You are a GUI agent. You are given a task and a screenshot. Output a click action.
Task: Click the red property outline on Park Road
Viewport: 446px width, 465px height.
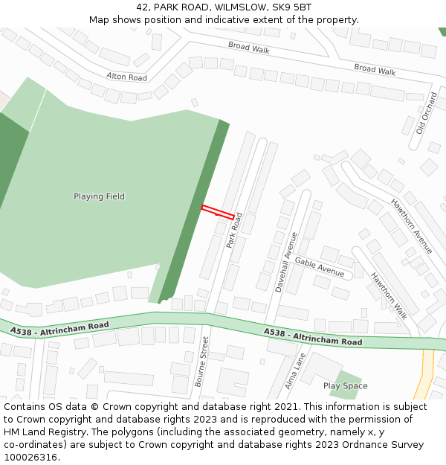coord(218,211)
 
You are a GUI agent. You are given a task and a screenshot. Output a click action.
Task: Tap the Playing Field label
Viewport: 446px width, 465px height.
coord(99,196)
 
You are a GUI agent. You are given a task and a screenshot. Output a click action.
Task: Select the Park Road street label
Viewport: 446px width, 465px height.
coord(235,230)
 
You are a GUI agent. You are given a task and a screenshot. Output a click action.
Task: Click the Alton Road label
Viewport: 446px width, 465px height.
coord(126,76)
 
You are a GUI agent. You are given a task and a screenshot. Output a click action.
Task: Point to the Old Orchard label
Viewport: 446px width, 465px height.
coord(427,112)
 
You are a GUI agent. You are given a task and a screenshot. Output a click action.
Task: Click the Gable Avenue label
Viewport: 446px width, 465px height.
coord(320,266)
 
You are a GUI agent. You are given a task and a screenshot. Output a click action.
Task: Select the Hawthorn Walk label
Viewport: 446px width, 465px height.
coord(390,295)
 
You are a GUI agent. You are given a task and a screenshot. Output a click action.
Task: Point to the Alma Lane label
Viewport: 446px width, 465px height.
coord(295,371)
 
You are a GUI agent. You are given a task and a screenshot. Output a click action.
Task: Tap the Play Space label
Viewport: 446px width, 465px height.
coord(345,385)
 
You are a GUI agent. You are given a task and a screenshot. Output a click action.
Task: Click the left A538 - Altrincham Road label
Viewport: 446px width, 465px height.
coord(59,327)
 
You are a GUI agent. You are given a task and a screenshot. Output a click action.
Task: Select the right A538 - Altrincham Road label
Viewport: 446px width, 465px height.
coord(313,337)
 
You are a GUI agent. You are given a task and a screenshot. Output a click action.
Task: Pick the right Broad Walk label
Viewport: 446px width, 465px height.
coord(375,69)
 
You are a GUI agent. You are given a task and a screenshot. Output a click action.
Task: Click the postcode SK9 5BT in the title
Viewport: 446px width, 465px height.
coord(291,7)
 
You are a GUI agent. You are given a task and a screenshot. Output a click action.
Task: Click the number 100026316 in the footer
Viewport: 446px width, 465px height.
coord(32,457)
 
